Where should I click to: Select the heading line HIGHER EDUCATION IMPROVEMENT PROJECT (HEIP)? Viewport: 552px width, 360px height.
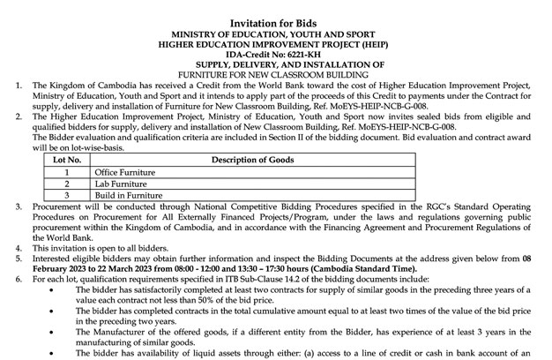[277, 42]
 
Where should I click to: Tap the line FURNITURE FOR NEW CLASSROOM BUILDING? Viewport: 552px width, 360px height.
[277, 73]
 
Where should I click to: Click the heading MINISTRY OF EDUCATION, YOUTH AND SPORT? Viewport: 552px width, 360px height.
[277, 32]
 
